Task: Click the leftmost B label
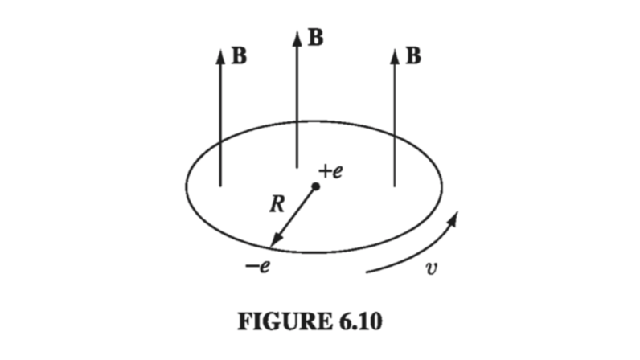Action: pyautogui.click(x=239, y=56)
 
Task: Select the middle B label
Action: pyautogui.click(x=316, y=39)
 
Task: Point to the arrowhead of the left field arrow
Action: pyautogui.click(x=220, y=55)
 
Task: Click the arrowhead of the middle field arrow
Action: pyautogui.click(x=297, y=37)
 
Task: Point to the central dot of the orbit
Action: pyautogui.click(x=316, y=186)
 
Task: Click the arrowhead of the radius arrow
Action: pyautogui.click(x=274, y=242)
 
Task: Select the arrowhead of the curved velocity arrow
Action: pyautogui.click(x=456, y=218)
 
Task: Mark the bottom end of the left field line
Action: pyautogui.click(x=220, y=186)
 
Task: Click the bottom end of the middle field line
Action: pyautogui.click(x=297, y=167)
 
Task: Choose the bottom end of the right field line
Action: pyautogui.click(x=394, y=186)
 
